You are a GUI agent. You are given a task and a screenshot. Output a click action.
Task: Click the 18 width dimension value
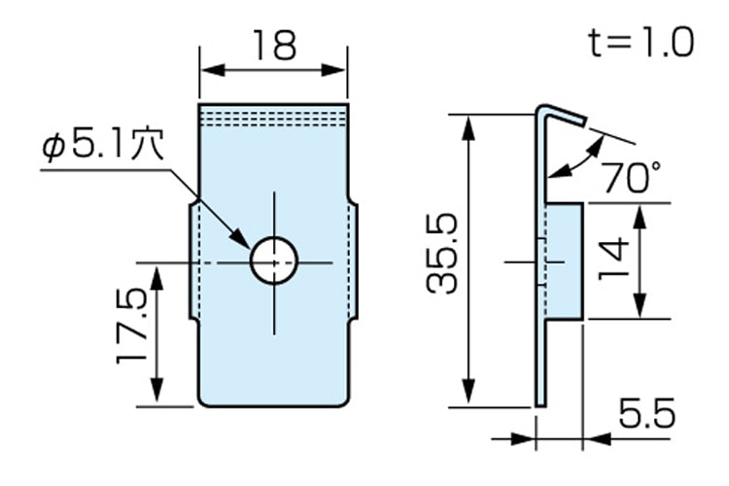(274, 46)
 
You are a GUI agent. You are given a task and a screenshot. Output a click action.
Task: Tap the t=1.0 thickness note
(642, 43)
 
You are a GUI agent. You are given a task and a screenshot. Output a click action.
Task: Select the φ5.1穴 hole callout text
(103, 144)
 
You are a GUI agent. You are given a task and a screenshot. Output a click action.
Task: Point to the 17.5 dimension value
(132, 325)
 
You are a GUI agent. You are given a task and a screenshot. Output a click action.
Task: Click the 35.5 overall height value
(442, 254)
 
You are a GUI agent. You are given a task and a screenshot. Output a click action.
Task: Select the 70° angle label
(633, 176)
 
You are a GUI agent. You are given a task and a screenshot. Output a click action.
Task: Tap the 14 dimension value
(613, 259)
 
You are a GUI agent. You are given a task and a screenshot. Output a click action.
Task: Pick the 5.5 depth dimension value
(646, 412)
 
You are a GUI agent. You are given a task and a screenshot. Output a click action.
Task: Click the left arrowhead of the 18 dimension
(213, 70)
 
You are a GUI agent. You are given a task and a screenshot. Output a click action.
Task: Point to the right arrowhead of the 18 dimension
(334, 70)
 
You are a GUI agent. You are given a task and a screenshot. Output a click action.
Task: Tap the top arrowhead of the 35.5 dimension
(469, 127)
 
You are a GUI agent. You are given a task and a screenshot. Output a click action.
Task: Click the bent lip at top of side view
(562, 114)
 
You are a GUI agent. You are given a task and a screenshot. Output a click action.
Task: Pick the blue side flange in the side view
(564, 261)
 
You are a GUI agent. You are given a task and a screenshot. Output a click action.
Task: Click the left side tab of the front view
(193, 260)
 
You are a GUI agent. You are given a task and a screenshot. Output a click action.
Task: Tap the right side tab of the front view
(353, 260)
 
